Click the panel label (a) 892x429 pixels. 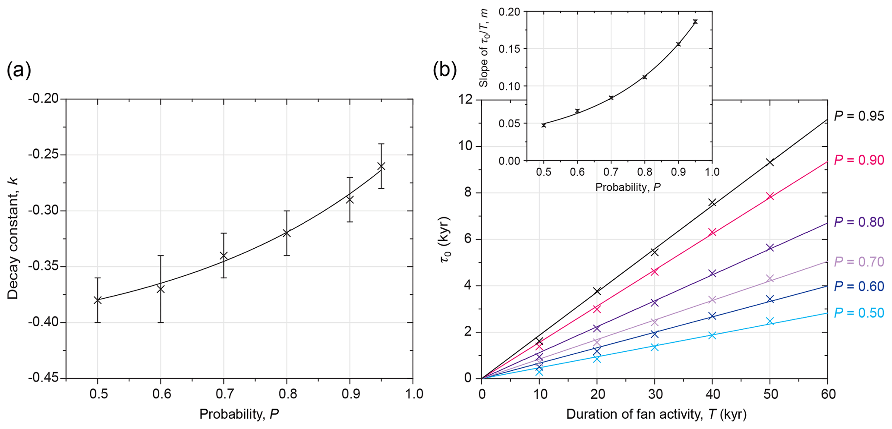(x=19, y=70)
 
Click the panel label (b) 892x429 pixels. (x=444, y=70)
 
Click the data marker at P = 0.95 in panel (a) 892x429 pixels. (x=381, y=166)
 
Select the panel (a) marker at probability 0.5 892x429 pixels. (x=98, y=300)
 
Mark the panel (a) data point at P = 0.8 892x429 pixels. (x=287, y=233)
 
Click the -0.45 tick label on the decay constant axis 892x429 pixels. (x=44, y=379)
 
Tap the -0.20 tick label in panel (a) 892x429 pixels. (x=44, y=99)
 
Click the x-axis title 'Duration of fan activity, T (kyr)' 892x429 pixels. (x=656, y=415)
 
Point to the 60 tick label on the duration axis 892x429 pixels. (x=827, y=394)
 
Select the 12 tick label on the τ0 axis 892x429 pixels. (x=467, y=100)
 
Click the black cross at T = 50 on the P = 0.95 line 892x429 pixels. (x=770, y=162)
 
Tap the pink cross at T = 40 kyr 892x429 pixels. (x=712, y=232)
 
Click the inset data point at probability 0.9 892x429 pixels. (x=678, y=44)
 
